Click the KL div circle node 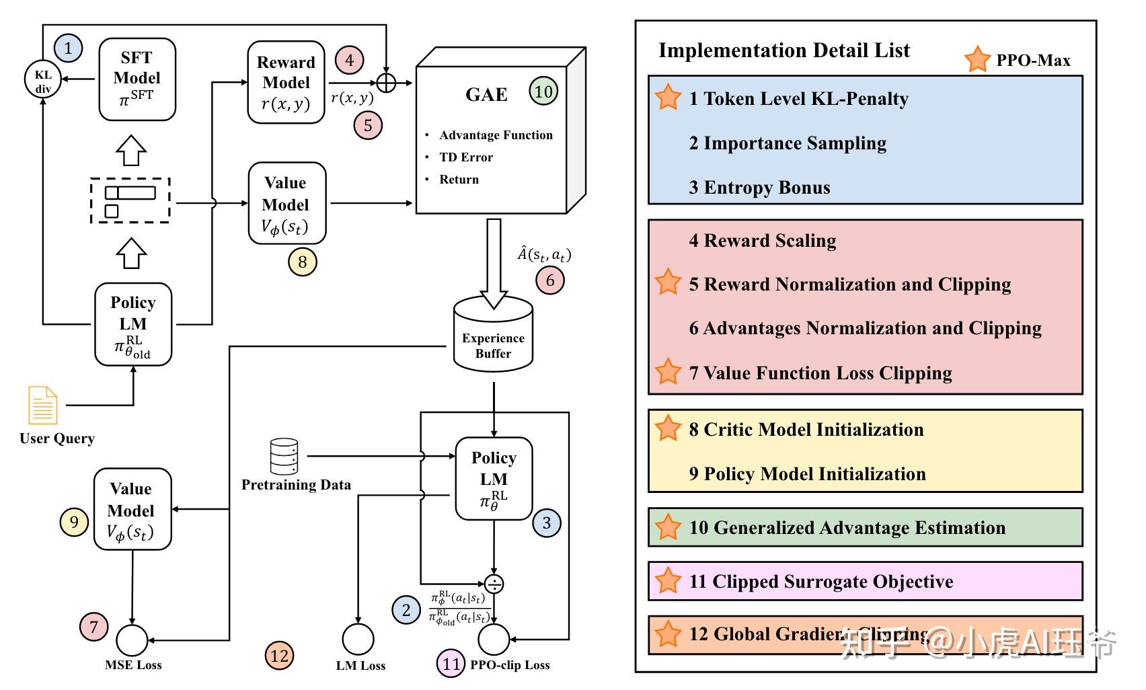[43, 80]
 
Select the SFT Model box [137, 79]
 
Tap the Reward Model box [286, 83]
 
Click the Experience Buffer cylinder [493, 336]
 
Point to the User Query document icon [42, 406]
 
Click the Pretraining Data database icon [284, 457]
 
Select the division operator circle [494, 584]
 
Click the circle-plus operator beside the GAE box [386, 83]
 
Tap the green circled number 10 [543, 91]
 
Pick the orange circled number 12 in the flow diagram [279, 656]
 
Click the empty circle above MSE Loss [132, 640]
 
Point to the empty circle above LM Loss [358, 640]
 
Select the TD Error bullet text [466, 157]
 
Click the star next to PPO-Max [977, 59]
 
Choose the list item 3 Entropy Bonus [759, 188]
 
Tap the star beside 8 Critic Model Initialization [668, 428]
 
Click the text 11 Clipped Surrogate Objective [820, 582]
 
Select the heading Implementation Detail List [784, 50]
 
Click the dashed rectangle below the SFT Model [130, 200]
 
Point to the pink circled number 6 [550, 280]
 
